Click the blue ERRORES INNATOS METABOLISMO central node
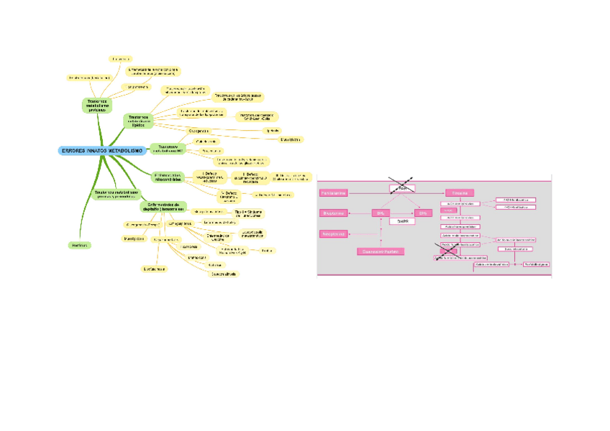[102, 150]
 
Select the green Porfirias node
[80, 246]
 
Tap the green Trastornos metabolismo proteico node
[97, 106]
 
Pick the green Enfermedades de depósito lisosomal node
[163, 206]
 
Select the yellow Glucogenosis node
[199, 131]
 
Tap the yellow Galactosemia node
[291, 139]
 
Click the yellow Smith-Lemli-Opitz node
[256, 116]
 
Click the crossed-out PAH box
[402, 188]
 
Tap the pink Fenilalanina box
[334, 193]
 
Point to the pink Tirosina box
[457, 193]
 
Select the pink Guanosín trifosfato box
[381, 251]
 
